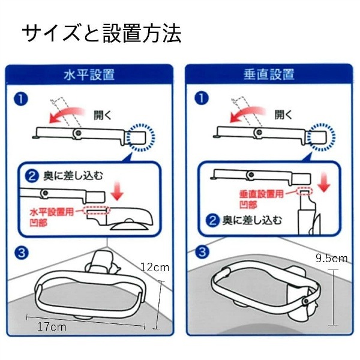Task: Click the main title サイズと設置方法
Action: point(102,33)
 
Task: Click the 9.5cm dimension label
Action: point(332,259)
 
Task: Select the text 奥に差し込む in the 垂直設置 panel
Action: point(251,220)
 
